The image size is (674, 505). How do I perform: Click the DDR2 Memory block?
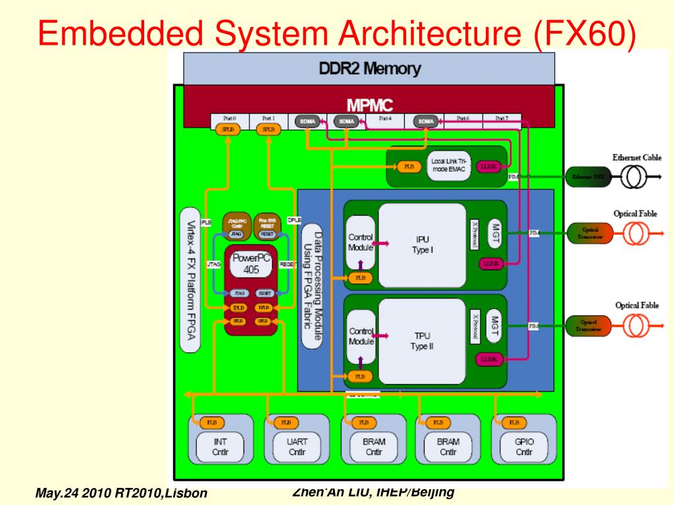369,68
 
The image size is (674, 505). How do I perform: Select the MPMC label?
369,105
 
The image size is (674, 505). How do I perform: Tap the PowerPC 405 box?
251,264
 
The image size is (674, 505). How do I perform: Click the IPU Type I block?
422,245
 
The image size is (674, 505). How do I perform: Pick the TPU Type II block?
422,341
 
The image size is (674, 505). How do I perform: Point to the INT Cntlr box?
220,446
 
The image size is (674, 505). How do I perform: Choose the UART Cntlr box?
297,446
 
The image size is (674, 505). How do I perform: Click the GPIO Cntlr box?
524,446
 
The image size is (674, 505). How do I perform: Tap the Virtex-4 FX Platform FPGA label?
190,280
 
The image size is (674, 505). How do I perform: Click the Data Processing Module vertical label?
312,285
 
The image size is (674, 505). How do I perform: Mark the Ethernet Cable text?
636,158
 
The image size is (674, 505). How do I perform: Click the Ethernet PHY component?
583,177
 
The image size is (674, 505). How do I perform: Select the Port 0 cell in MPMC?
229,119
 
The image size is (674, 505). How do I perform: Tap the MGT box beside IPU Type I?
495,233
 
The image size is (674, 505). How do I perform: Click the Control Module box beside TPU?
361,337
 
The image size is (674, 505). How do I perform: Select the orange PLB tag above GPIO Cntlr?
513,422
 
